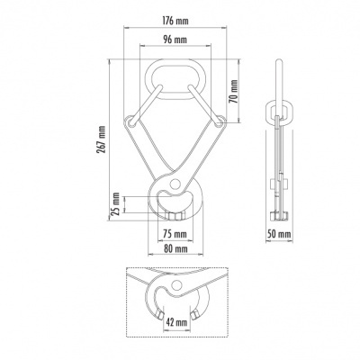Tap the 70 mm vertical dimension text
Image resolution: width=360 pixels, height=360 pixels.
pos(232,90)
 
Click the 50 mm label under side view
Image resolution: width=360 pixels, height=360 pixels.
pos(281,233)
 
